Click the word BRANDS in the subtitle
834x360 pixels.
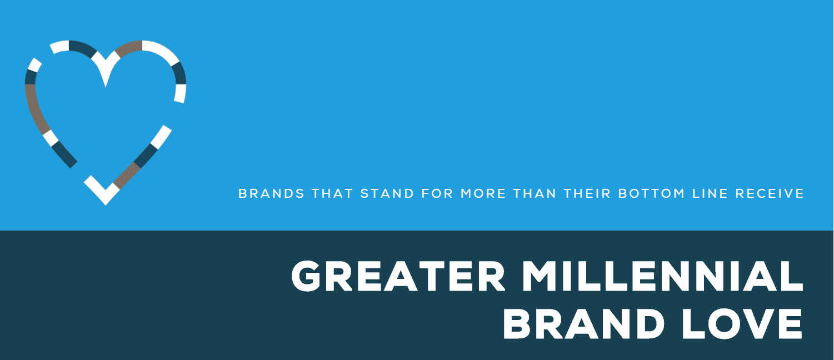click(271, 193)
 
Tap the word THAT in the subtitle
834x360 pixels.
click(332, 193)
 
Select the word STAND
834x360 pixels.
click(387, 193)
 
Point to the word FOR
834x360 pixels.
click(437, 193)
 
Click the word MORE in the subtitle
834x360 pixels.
click(483, 193)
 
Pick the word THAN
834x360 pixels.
click(535, 193)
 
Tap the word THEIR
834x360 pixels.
click(587, 193)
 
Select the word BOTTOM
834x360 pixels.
click(652, 193)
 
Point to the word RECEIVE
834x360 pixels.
click(770, 193)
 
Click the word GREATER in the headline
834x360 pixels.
click(398, 276)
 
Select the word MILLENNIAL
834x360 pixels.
click(663, 276)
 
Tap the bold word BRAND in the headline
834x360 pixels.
click(584, 323)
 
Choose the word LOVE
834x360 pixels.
click(742, 323)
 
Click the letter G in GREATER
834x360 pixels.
click(306, 276)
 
